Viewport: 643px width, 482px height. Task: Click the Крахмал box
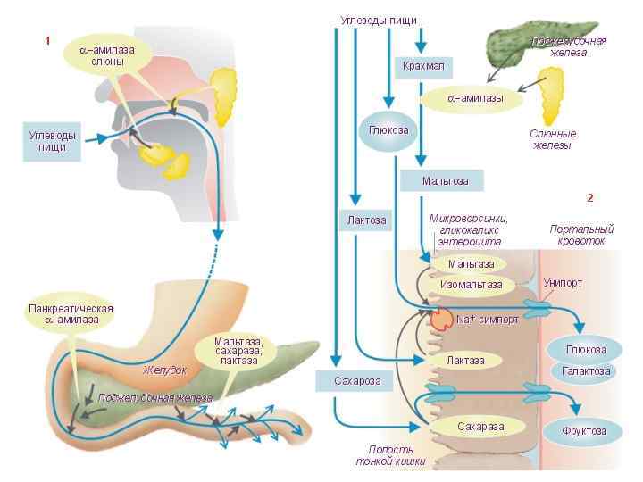[x=422, y=67]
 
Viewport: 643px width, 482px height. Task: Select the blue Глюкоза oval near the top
[x=388, y=130]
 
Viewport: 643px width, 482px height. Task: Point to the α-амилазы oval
[x=474, y=97]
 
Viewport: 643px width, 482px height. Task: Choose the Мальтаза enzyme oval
[x=470, y=264]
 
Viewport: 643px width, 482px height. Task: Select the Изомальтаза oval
[x=471, y=285]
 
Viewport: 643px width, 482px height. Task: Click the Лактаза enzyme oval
[x=464, y=360]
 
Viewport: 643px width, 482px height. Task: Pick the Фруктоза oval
[x=584, y=430]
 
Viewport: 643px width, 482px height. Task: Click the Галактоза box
[x=586, y=370]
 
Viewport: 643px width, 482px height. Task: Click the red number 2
[x=590, y=197]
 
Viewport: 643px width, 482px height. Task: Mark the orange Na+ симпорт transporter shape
[x=442, y=318]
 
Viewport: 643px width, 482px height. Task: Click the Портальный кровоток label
[x=581, y=235]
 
